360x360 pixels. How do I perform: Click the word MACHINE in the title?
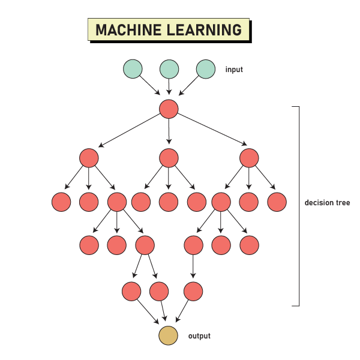128,30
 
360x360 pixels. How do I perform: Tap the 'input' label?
234,70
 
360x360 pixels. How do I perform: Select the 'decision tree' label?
327,203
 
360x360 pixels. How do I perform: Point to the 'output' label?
199,336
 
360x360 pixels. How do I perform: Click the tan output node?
169,336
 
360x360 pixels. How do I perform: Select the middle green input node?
169,69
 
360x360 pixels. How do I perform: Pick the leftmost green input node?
133,69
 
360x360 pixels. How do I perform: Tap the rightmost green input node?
205,69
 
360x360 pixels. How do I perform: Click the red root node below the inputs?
169,109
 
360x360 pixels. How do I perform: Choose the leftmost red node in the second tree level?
88,158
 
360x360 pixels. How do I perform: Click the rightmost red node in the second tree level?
249,158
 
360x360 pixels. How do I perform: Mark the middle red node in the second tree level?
169,158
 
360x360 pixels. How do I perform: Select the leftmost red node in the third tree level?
61,202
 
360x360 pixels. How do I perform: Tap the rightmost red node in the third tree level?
277,202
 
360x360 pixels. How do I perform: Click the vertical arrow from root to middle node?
169,133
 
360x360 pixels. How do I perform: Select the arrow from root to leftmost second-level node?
130,133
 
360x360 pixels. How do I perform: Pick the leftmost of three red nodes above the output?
131,292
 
